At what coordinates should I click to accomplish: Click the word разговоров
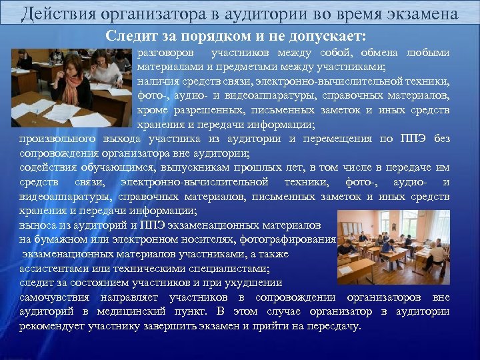point(166,53)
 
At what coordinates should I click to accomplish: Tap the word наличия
point(156,82)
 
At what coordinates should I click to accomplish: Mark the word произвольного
point(57,139)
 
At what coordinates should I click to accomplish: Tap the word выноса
point(37,225)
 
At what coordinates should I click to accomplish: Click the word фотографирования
point(293,240)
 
